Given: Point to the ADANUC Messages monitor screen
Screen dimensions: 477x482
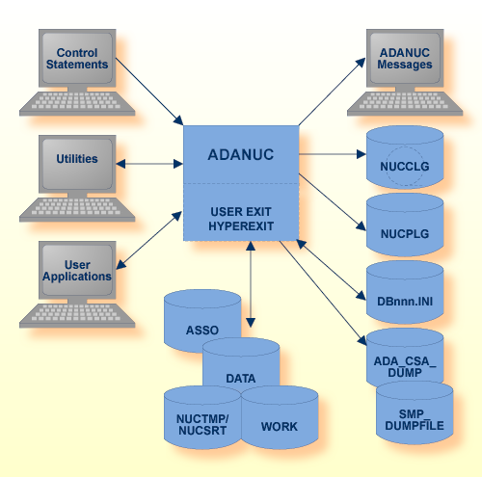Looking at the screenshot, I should [x=405, y=58].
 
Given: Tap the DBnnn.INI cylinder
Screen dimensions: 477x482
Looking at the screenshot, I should [x=405, y=297].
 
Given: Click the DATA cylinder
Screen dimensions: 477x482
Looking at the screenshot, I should [x=241, y=378].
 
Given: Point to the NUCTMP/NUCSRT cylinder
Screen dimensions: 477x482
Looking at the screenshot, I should [x=201, y=425].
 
